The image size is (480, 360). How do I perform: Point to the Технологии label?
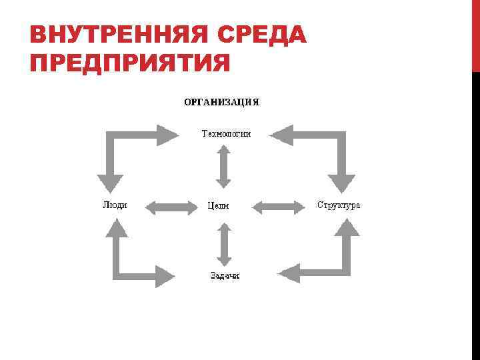coord(226,133)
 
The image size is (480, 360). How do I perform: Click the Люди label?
coord(115,205)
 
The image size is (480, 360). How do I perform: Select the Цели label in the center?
coord(218,206)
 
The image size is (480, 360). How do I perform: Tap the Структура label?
coord(339,205)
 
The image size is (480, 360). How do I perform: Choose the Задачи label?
coord(225,275)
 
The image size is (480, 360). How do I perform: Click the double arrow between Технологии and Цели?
coord(224,166)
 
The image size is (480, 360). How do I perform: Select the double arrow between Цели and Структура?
coord(278,207)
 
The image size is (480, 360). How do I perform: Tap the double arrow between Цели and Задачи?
coord(224,244)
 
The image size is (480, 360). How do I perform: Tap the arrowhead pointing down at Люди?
coord(111,183)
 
